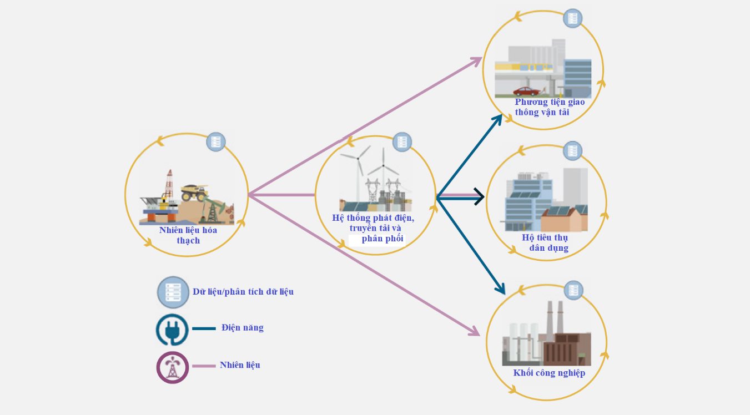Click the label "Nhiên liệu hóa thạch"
tap(188, 235)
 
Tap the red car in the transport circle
tap(526, 91)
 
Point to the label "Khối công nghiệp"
tap(549, 373)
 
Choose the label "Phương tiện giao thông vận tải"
tap(549, 107)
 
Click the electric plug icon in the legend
tap(172, 330)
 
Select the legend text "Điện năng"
tap(242, 328)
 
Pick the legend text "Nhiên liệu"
tap(240, 365)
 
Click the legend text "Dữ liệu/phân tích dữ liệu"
tap(243, 292)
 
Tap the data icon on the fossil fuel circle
tap(216, 142)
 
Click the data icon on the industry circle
tap(573, 290)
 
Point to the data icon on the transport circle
tap(572, 18)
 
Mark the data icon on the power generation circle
tap(402, 142)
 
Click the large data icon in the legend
tap(173, 292)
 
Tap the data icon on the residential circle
tap(573, 150)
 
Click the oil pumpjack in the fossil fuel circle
tap(213, 208)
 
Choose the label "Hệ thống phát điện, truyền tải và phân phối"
tap(374, 228)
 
